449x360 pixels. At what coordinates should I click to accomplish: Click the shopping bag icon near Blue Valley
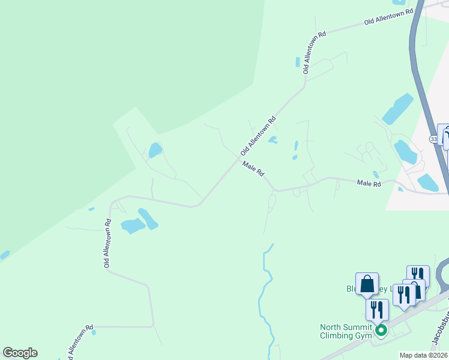point(367,284)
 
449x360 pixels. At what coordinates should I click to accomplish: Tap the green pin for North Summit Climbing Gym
point(380,330)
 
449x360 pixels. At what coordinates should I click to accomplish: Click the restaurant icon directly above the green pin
point(377,310)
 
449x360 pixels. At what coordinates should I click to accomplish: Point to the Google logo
point(20,353)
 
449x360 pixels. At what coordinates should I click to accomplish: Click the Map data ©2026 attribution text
point(423,355)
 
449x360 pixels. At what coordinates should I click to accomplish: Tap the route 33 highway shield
point(433,139)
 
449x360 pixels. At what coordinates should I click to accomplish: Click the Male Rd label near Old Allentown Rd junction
point(253,169)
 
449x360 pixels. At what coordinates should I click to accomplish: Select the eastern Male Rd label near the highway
point(369,183)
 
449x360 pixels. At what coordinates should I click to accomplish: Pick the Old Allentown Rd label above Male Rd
point(258,136)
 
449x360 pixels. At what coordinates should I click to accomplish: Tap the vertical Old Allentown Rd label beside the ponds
point(107,243)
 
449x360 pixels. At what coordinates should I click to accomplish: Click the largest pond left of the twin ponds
point(133,226)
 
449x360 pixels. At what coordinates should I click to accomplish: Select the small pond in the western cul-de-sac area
point(155,150)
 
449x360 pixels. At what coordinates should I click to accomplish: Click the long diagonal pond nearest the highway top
point(397,108)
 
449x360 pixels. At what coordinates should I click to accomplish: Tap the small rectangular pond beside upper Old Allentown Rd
point(297,62)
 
